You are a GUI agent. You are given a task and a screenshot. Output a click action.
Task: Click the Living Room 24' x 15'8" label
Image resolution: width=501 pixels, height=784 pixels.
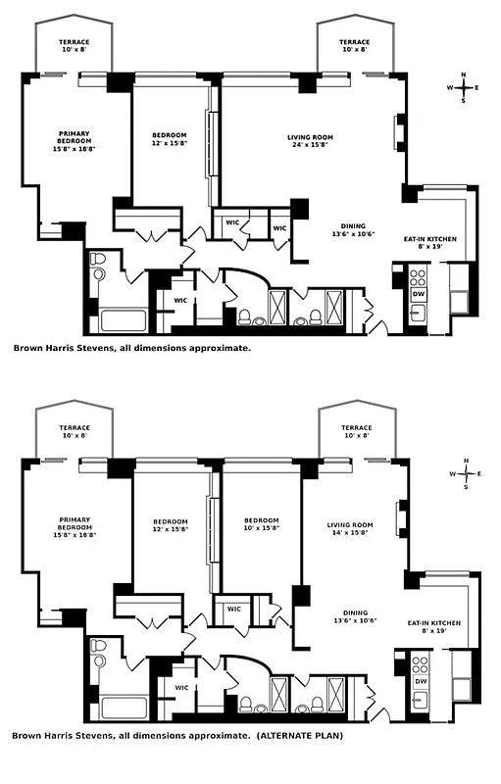point(310,141)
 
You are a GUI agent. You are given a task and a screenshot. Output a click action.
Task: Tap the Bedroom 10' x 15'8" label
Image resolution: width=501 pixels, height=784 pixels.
point(261,524)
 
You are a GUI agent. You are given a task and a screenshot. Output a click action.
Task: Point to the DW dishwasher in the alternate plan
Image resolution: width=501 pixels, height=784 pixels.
point(419,681)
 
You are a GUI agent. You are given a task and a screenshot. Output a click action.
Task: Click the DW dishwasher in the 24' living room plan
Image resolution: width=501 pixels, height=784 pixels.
point(419,293)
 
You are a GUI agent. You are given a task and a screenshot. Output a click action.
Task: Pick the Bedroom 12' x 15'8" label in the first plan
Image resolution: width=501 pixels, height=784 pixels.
point(170,140)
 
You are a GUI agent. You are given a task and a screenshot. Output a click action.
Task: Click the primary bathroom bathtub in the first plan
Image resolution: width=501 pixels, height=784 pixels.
point(124,319)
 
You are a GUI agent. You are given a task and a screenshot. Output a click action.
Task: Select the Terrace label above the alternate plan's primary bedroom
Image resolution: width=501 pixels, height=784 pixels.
point(74,431)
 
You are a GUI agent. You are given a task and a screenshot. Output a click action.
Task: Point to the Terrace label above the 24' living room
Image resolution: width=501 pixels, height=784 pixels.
point(354,46)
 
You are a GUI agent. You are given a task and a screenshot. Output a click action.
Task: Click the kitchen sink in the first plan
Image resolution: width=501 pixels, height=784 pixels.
point(418,314)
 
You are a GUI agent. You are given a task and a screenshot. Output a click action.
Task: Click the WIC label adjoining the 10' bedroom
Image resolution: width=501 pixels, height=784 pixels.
point(233,609)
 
